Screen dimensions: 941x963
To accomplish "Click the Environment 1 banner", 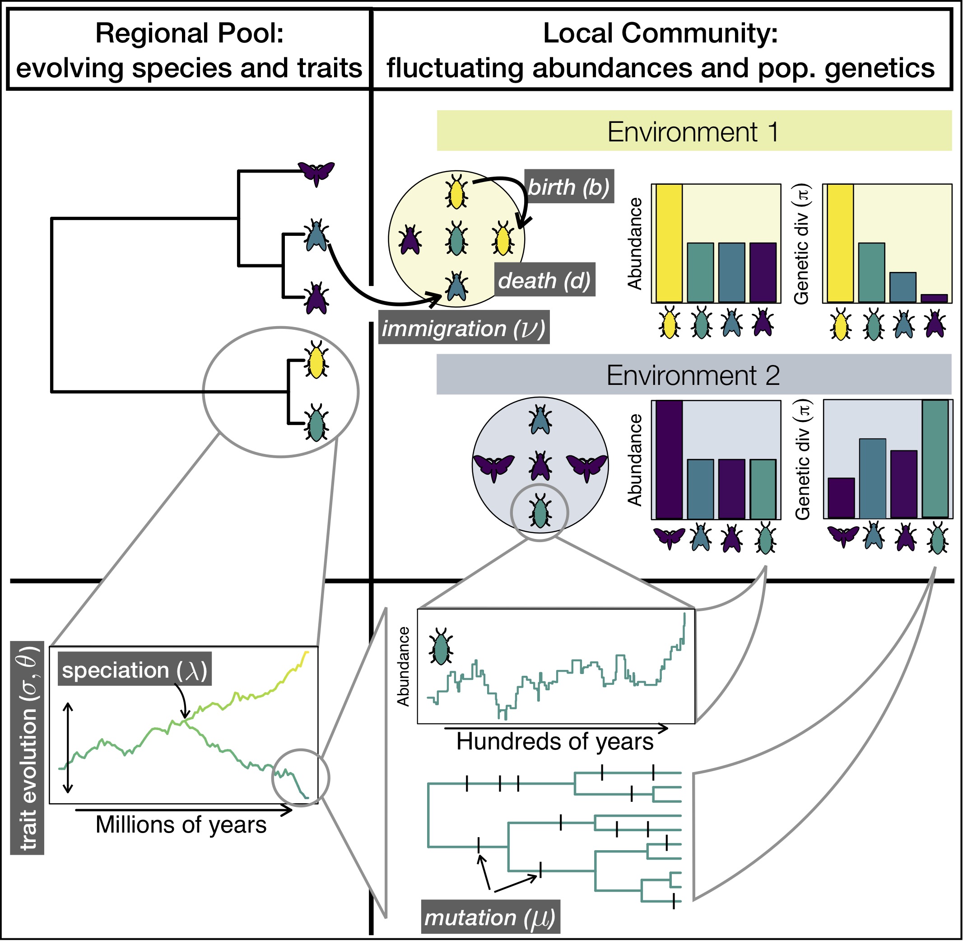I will (x=694, y=131).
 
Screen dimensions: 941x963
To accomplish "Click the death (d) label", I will (x=545, y=280).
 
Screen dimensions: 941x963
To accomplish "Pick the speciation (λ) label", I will (x=135, y=670).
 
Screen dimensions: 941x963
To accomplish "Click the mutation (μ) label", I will (x=490, y=917).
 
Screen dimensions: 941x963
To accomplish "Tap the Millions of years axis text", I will (x=181, y=825).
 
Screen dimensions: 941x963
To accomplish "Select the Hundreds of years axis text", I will (x=554, y=742).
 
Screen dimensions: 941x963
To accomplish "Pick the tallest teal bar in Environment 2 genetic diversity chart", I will (x=935, y=459).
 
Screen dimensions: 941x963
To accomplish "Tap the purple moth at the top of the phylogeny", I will (x=316, y=173).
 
